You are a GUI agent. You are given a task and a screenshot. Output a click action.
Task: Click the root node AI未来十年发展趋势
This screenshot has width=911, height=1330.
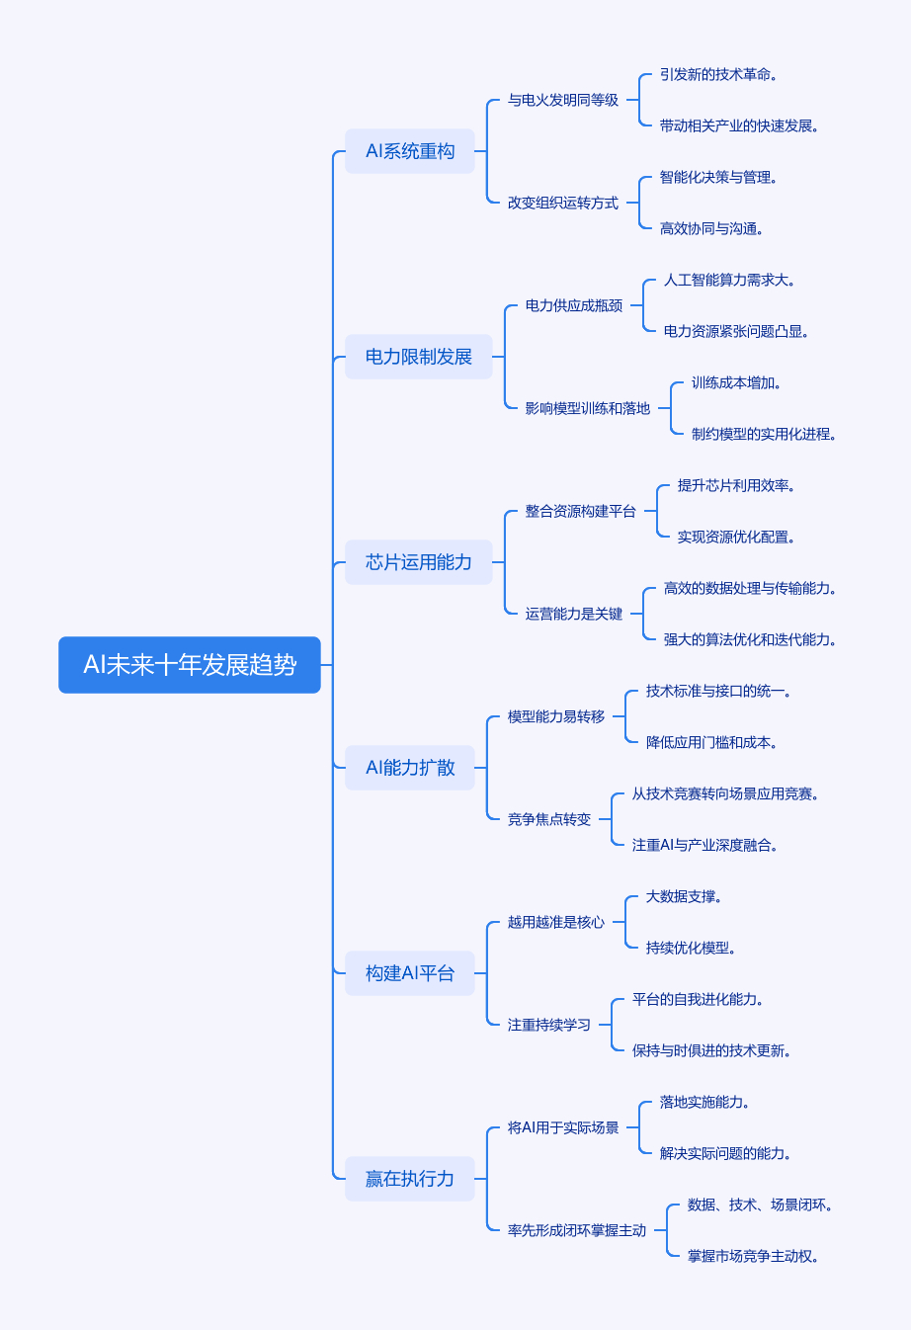coord(190,665)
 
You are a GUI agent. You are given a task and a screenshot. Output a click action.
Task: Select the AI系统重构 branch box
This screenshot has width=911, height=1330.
coord(410,151)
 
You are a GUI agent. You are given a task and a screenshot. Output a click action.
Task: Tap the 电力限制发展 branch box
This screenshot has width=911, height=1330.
coord(419,357)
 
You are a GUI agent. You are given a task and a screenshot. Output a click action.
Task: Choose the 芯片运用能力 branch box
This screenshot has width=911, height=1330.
coord(419,562)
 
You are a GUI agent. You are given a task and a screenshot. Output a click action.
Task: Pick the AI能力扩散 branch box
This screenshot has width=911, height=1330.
coord(410,768)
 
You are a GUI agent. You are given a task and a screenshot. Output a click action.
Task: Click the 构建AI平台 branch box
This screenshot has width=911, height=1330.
coord(410,973)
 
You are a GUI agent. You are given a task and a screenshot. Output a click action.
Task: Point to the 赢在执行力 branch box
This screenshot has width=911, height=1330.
coord(410,1179)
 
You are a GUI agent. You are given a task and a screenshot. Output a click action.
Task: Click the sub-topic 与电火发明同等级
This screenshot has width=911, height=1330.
coord(563,100)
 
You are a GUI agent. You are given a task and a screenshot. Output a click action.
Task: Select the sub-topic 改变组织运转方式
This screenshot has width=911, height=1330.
coord(563,203)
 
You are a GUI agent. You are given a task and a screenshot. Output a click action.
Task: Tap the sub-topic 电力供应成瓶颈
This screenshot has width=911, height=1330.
coord(574,305)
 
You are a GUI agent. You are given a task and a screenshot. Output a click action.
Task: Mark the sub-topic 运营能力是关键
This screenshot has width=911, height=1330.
coord(574,614)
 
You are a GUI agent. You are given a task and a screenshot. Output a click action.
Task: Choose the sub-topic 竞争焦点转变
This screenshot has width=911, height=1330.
coord(549,819)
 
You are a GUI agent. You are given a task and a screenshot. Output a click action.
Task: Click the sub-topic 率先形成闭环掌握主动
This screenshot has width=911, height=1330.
coord(577,1230)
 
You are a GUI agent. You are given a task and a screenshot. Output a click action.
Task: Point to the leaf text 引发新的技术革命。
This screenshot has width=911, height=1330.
coord(718,74)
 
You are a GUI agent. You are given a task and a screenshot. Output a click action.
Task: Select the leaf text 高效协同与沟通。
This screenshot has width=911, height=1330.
coord(711,228)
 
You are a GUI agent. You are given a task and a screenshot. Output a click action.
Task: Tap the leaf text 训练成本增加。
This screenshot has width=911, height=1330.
coord(736,382)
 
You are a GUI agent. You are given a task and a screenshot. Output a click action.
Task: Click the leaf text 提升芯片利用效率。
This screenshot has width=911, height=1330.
coord(736,485)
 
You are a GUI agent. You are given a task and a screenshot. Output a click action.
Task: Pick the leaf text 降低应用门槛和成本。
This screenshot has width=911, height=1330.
coord(711,742)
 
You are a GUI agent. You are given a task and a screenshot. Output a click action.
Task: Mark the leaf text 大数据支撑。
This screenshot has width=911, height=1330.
coord(684,896)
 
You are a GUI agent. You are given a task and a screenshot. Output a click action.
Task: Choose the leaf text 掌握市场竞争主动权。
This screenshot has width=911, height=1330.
coord(753,1256)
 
